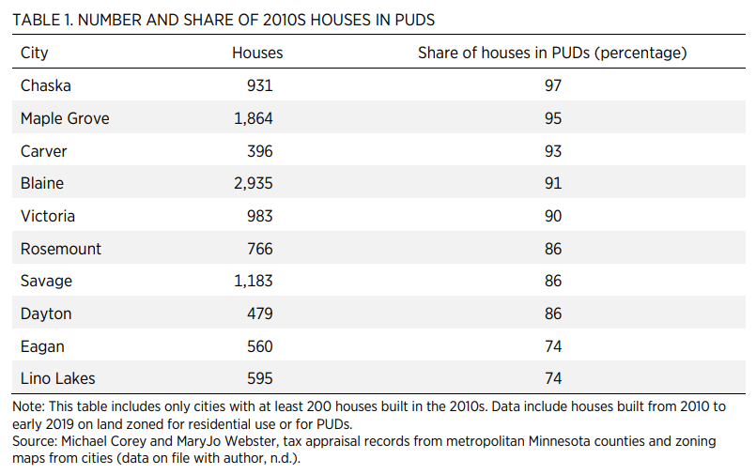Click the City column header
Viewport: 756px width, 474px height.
coord(34,53)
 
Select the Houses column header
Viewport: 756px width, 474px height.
coord(257,53)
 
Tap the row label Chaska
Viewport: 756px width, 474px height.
coord(46,85)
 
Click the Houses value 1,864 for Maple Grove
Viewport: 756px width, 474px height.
coord(254,118)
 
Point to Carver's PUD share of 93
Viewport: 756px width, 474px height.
coord(553,151)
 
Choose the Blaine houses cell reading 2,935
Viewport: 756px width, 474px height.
coord(254,184)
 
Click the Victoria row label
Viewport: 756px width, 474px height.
coord(48,216)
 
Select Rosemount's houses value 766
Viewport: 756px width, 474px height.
coord(260,249)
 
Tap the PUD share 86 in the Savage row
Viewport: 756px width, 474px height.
coord(553,281)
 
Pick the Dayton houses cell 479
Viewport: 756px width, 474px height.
coord(260,313)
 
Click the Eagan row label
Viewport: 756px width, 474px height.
coord(42,347)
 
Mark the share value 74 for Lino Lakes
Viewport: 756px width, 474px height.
coord(553,378)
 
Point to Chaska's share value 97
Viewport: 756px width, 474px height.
coord(553,85)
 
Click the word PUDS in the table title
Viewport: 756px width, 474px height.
coord(415,20)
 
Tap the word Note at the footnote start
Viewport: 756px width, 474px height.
coord(27,406)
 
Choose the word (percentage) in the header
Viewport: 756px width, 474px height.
coord(640,53)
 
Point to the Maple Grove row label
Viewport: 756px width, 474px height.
coord(65,118)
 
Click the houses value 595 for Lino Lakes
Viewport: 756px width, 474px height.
coord(260,378)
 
